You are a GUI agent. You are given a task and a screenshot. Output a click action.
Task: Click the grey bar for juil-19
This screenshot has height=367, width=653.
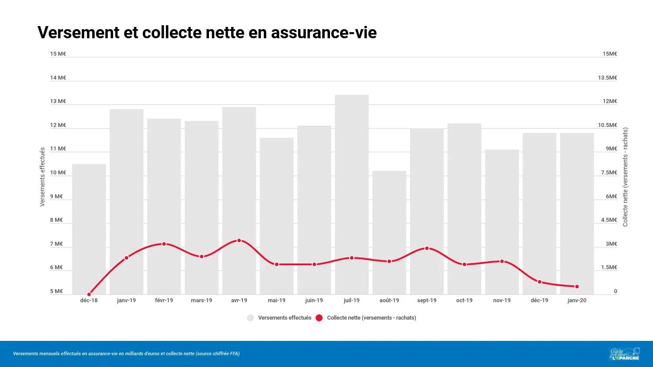[x=352, y=174]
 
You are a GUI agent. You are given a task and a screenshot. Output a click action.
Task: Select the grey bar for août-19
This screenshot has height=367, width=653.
[x=389, y=217]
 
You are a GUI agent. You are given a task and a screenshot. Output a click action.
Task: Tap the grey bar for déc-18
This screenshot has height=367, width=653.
[x=89, y=217]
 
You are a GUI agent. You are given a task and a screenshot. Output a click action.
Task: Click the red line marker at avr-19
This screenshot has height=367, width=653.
[x=239, y=240]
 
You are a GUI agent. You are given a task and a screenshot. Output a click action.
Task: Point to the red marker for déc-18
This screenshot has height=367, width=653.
[x=89, y=294]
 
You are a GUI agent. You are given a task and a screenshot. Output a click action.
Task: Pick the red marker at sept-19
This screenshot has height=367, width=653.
[x=427, y=248]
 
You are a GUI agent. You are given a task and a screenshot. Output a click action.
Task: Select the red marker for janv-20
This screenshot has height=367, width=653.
[x=577, y=287]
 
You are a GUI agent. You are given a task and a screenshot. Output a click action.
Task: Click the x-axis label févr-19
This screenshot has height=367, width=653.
[x=164, y=300]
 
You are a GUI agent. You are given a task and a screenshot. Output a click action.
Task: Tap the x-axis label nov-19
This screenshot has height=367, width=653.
[x=502, y=300]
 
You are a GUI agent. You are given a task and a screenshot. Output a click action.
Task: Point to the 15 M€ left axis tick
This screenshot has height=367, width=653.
[x=58, y=54]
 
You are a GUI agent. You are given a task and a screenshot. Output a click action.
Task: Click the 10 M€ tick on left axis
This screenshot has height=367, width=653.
[x=58, y=173]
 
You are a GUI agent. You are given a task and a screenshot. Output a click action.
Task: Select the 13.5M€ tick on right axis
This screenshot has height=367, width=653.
[x=607, y=78]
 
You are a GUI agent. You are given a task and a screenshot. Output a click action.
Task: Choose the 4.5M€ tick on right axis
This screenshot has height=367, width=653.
[x=609, y=220]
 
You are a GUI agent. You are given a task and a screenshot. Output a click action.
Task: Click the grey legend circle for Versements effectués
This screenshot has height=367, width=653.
[x=250, y=318]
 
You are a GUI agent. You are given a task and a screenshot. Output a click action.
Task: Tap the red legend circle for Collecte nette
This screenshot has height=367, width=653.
[x=319, y=318]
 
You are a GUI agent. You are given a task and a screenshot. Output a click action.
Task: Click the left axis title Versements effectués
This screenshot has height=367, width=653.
[x=43, y=177]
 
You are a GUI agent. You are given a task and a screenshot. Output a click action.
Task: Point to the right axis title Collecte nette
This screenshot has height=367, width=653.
[x=625, y=177]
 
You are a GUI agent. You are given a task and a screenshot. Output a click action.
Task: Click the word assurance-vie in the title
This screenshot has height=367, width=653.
[x=323, y=33]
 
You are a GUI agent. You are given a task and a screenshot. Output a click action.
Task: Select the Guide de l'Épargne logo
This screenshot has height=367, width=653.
[x=625, y=354]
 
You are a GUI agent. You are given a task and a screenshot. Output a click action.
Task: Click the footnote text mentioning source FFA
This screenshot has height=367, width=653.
[x=126, y=354]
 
